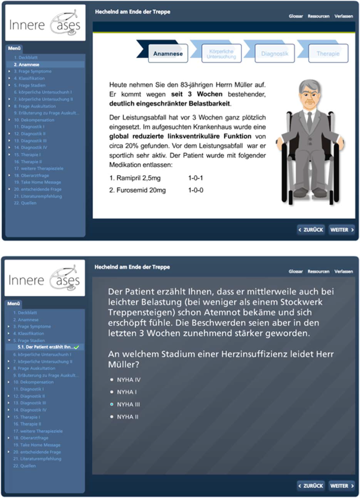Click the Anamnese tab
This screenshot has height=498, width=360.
pyautogui.click(x=168, y=54)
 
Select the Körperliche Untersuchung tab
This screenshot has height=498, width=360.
pyautogui.click(x=221, y=54)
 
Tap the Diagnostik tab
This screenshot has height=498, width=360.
pyautogui.click(x=274, y=54)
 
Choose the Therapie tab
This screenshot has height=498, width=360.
pyautogui.click(x=328, y=54)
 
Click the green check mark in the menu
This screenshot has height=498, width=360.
pyautogui.click(x=77, y=347)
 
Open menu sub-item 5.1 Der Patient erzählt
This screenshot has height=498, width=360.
pyautogui.click(x=45, y=347)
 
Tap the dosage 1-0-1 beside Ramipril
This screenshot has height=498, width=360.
pyautogui.click(x=196, y=178)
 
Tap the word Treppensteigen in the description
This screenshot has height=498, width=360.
pyautogui.click(x=139, y=312)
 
